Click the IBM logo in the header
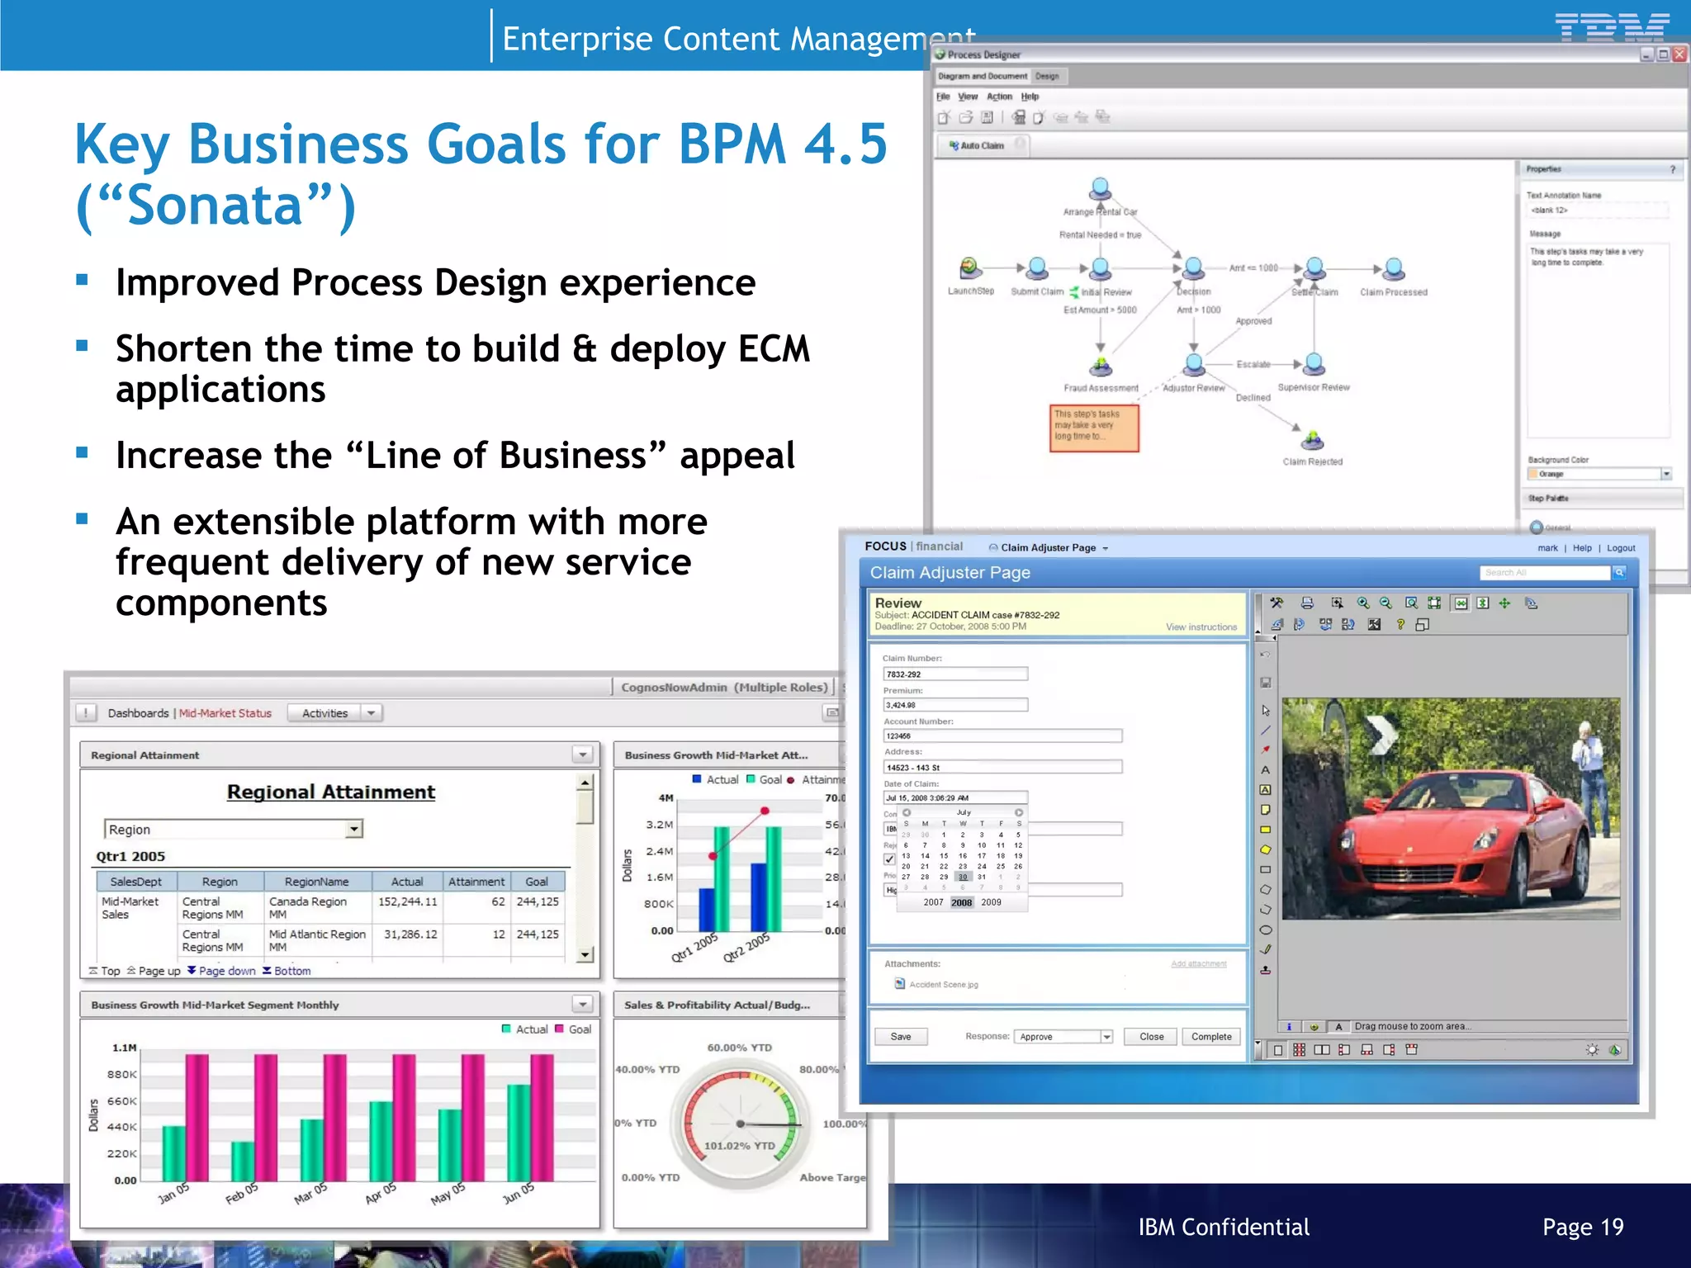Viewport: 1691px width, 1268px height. pyautogui.click(x=1611, y=27)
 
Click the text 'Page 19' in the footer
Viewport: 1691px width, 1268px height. pyautogui.click(x=1582, y=1227)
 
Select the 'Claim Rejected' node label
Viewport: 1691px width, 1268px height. pyautogui.click(x=1312, y=461)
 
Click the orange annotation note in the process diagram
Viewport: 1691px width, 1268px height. pyautogui.click(x=1094, y=428)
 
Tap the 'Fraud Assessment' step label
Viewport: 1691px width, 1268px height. pyautogui.click(x=1101, y=388)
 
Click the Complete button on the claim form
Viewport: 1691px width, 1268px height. pyautogui.click(x=1210, y=1037)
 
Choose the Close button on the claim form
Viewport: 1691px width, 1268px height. pyautogui.click(x=1151, y=1037)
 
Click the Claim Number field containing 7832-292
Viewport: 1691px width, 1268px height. pyautogui.click(x=954, y=674)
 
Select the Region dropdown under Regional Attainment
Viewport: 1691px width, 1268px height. pyautogui.click(x=234, y=829)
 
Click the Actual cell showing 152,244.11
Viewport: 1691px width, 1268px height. pyautogui.click(x=408, y=902)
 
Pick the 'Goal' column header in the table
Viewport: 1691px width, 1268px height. pyautogui.click(x=537, y=882)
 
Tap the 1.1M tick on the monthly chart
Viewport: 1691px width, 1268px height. pyautogui.click(x=125, y=1048)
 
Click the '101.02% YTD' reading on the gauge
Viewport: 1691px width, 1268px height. pyautogui.click(x=739, y=1146)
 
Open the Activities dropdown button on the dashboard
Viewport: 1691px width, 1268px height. pyautogui.click(x=334, y=713)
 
